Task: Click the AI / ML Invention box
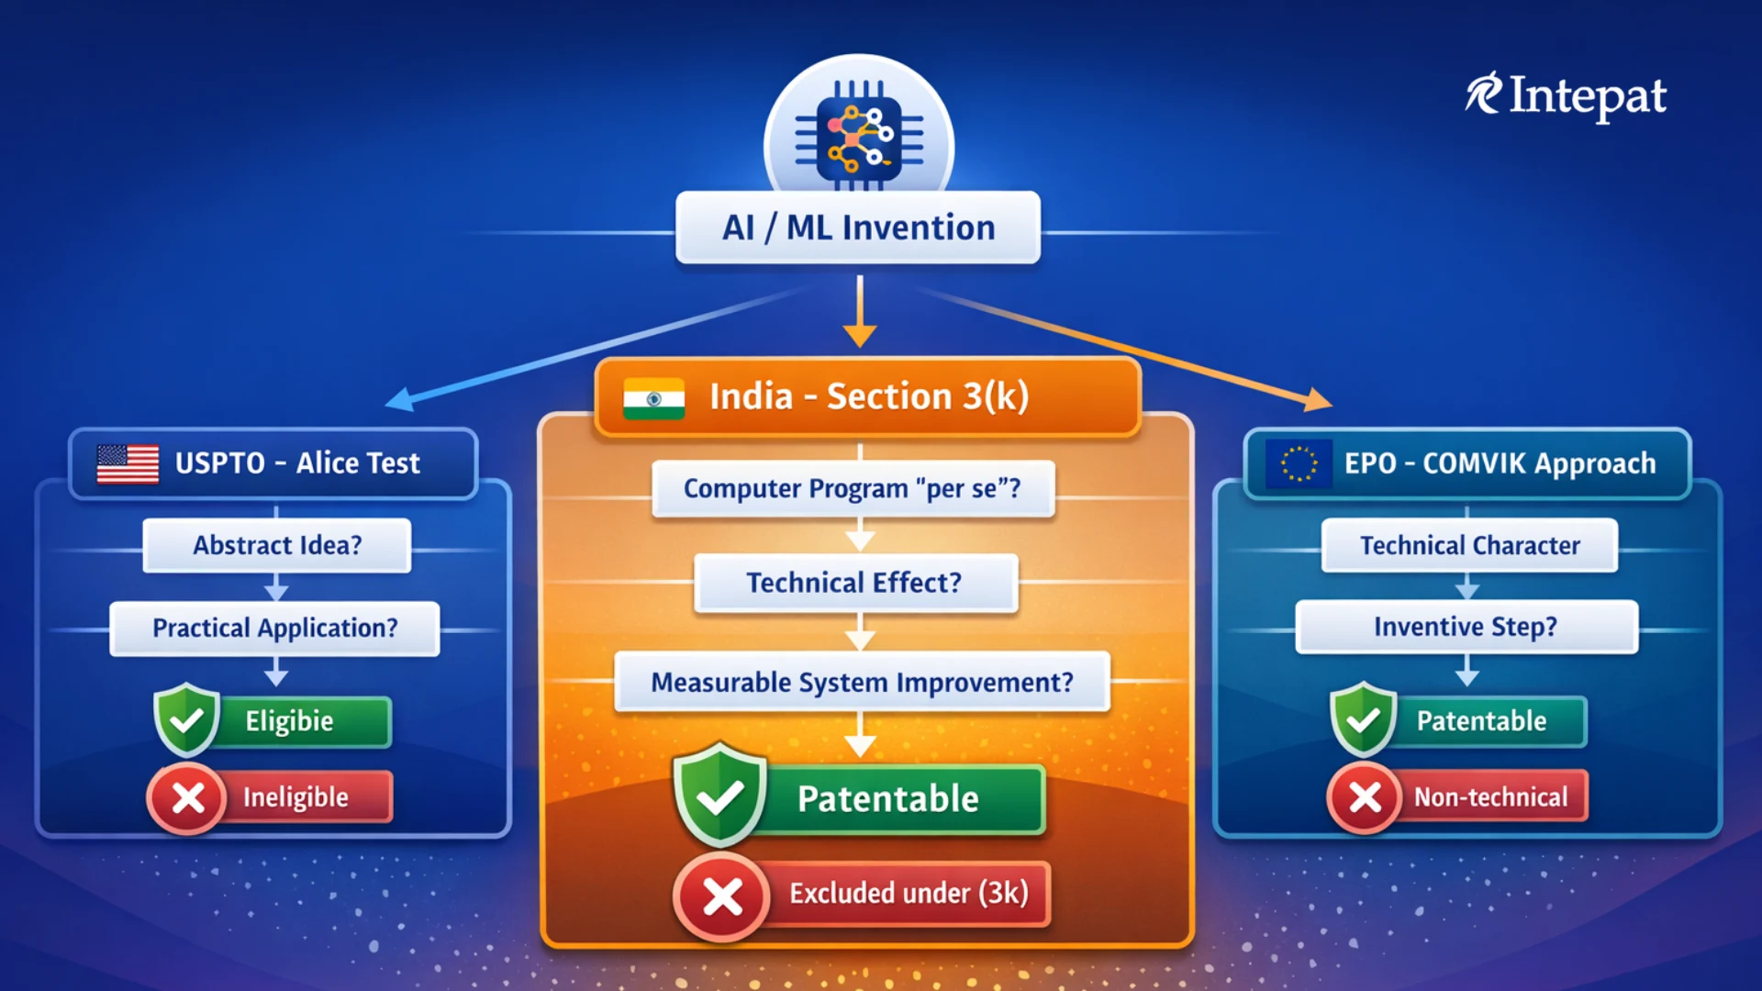(x=858, y=228)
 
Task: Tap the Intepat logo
(x=1566, y=96)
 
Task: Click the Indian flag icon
(x=653, y=398)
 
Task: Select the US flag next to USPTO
(x=128, y=463)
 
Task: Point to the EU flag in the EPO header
(x=1299, y=463)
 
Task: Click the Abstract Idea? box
(x=276, y=545)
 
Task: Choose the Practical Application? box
(x=274, y=629)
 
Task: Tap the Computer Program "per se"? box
(x=853, y=488)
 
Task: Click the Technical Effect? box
(x=855, y=583)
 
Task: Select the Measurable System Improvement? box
(x=862, y=682)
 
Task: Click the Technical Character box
(x=1469, y=545)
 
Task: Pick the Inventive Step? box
(x=1466, y=627)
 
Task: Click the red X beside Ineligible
(x=187, y=798)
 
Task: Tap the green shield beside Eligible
(x=187, y=719)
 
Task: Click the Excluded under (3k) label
(x=909, y=893)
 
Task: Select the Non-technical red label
(x=1490, y=796)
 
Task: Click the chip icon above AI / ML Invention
(x=859, y=135)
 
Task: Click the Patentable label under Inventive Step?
(x=1481, y=721)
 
